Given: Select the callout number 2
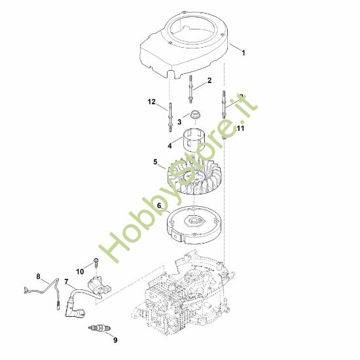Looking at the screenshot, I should coord(209,81).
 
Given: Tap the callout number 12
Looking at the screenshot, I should coord(152,101).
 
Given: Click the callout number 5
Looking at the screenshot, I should coord(155,161).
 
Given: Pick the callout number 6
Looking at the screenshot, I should coord(159,205).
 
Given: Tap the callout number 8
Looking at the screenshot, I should coord(38,276).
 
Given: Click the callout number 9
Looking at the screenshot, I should coord(115,339).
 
